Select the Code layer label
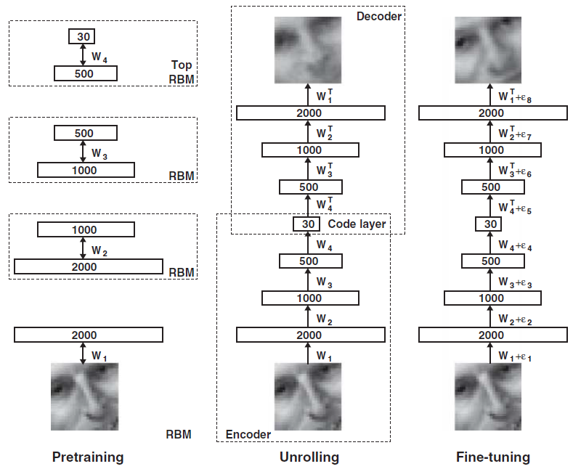(357, 224)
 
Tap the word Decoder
(379, 16)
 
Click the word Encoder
(248, 434)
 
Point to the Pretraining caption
(88, 457)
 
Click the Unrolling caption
(309, 457)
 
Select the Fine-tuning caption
(493, 457)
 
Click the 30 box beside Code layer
(309, 224)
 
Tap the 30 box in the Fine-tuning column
(491, 224)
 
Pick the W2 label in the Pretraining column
(100, 251)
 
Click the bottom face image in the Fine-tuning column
(491, 396)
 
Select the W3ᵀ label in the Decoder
(325, 170)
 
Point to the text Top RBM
(182, 72)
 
